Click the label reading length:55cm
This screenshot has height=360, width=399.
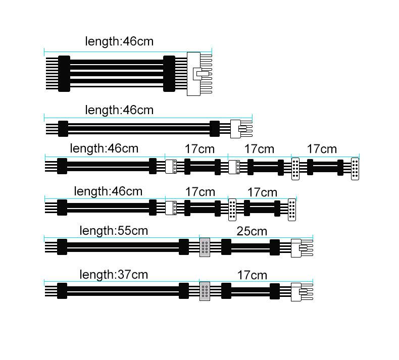(x=114, y=231)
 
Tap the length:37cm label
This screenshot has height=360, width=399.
(x=114, y=275)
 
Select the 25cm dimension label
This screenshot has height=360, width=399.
(x=252, y=231)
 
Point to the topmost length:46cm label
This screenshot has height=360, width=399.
(x=119, y=41)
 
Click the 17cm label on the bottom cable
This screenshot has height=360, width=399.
(x=252, y=275)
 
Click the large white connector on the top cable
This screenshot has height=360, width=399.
(x=193, y=74)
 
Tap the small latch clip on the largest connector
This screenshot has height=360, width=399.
(x=204, y=74)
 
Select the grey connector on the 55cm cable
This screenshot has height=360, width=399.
(x=205, y=247)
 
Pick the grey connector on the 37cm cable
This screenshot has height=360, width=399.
(x=205, y=291)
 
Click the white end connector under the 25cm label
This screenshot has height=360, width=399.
(x=296, y=247)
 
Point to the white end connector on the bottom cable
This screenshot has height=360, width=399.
(x=296, y=292)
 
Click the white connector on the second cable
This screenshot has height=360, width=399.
(x=235, y=128)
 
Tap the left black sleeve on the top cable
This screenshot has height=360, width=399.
(x=64, y=74)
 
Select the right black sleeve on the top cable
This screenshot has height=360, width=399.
(x=169, y=74)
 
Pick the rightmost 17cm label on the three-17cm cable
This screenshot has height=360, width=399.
(x=322, y=149)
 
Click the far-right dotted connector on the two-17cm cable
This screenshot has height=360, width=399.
(x=292, y=210)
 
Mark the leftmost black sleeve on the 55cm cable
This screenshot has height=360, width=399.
(x=62, y=247)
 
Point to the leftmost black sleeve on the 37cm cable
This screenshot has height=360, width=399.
(x=62, y=291)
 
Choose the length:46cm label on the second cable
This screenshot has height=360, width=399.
(x=119, y=110)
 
